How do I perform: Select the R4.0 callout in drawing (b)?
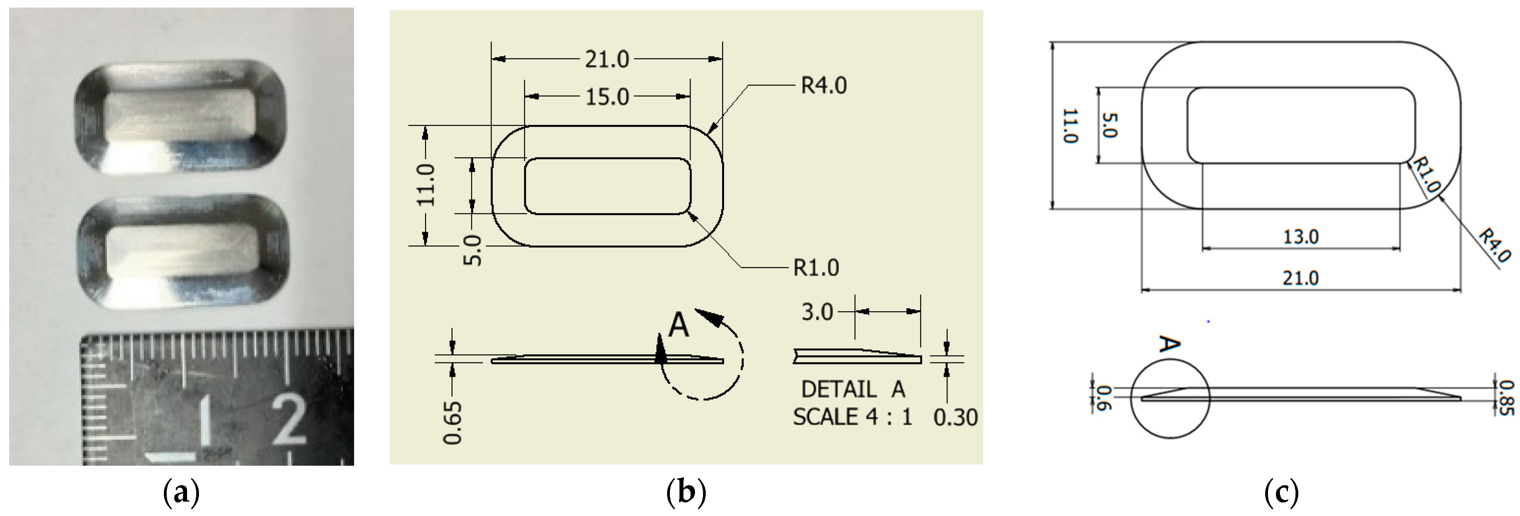824,86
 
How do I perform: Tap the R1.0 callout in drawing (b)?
816,267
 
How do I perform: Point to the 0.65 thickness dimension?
453,422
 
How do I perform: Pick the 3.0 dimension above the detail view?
817,311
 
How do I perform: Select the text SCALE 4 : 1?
852,417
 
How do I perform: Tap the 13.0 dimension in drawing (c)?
1301,237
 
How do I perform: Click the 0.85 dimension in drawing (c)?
1506,397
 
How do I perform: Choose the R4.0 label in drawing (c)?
1494,245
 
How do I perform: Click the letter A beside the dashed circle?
679,325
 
